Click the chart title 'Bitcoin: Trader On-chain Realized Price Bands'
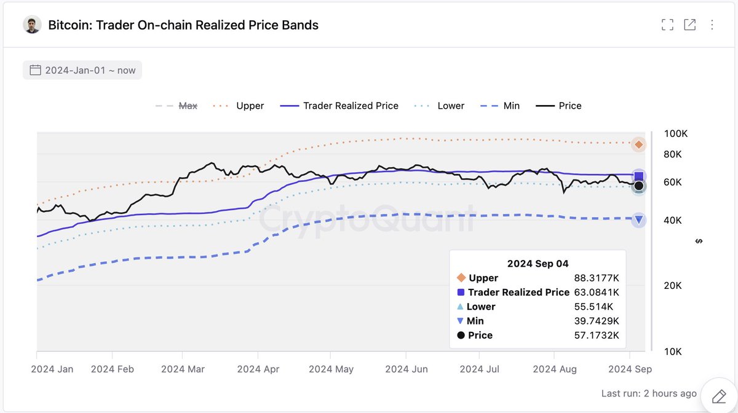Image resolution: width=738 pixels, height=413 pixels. coord(183,25)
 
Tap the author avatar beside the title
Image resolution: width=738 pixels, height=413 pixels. coord(32,25)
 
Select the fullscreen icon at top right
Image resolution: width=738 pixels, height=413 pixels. coord(667,25)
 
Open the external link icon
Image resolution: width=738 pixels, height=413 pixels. coord(690,25)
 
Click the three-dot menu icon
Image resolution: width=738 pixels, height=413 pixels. coord(712,25)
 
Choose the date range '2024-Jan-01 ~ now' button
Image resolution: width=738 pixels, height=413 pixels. coord(82,70)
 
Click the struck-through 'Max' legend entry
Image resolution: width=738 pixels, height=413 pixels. coord(188,106)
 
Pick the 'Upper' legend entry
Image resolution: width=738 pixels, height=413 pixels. coord(250,106)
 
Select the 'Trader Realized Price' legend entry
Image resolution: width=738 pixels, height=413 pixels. coord(351,106)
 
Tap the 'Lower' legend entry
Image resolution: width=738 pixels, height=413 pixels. coord(450,106)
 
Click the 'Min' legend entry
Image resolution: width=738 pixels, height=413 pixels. coord(511,106)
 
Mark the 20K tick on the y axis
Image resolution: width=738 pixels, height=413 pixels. coord(673,285)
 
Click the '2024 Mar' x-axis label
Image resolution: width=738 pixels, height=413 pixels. coord(183,369)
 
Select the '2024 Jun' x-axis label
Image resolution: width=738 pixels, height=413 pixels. coord(407,369)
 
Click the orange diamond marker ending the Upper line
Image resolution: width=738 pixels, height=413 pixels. coord(639,144)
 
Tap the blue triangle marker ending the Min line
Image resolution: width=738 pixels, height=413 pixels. coord(639,220)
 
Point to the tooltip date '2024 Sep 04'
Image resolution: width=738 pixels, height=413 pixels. coord(538,264)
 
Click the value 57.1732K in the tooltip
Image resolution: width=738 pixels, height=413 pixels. coord(595,335)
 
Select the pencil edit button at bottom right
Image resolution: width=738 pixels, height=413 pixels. coord(718,395)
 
